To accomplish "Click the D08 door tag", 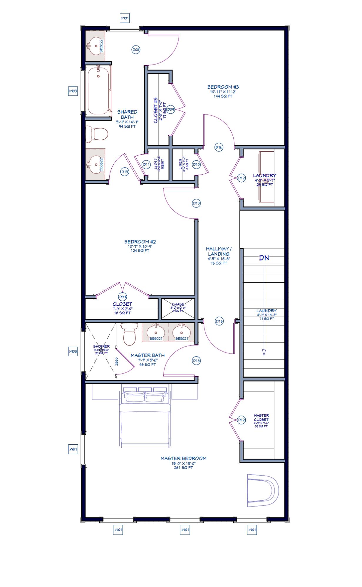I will pyautogui.click(x=135, y=50).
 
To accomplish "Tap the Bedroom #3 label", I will pyautogui.click(x=223, y=87).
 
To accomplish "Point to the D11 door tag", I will pyautogui.click(x=146, y=165).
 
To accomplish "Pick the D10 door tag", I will pyautogui.click(x=196, y=165).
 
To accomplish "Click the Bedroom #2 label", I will pyautogui.click(x=140, y=242).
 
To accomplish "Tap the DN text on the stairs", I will pyautogui.click(x=264, y=258).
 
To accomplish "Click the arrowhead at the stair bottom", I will pyautogui.click(x=264, y=352).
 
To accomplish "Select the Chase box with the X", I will pyautogui.click(x=178, y=308).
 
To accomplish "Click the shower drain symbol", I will pyautogui.click(x=101, y=350).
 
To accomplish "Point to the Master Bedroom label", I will pyautogui.click(x=183, y=458).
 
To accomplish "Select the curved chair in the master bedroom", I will pyautogui.click(x=262, y=490).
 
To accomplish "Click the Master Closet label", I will pyautogui.click(x=261, y=418).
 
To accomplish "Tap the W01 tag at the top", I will pyautogui.click(x=125, y=18).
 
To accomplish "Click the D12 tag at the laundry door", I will pyautogui.click(x=241, y=178).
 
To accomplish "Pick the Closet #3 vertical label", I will pyautogui.click(x=156, y=110).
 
